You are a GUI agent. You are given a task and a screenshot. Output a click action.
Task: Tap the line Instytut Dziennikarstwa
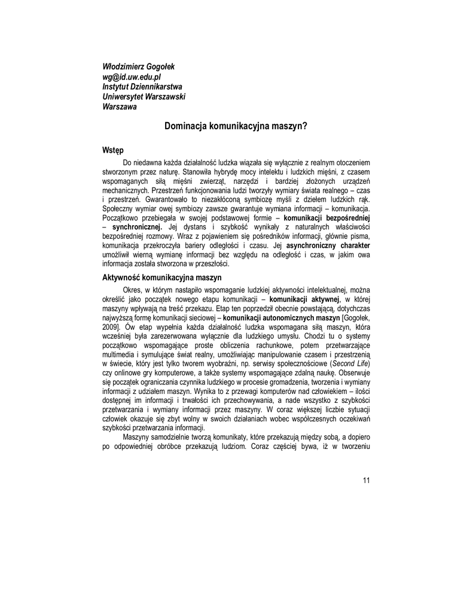click(x=142, y=87)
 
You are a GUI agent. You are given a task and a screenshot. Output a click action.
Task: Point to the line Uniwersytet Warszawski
click(x=144, y=97)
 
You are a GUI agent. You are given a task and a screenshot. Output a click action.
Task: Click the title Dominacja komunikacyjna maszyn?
click(x=236, y=127)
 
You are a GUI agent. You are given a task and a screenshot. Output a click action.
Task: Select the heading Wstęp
click(x=113, y=150)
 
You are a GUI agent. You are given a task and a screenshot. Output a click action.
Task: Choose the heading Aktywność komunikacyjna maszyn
click(x=162, y=278)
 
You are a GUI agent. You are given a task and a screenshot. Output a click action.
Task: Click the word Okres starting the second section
click(x=132, y=289)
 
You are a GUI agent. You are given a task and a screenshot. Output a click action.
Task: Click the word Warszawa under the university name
click(x=120, y=107)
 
